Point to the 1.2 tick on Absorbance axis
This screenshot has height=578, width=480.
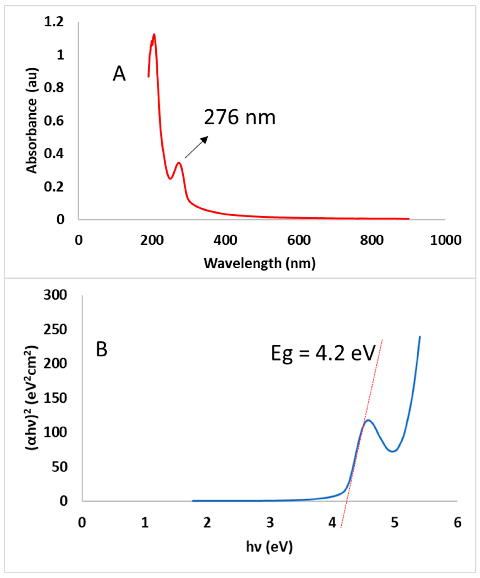point(54,22)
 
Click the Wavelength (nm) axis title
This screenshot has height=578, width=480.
point(259,264)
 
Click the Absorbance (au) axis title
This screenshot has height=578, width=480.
point(32,121)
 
